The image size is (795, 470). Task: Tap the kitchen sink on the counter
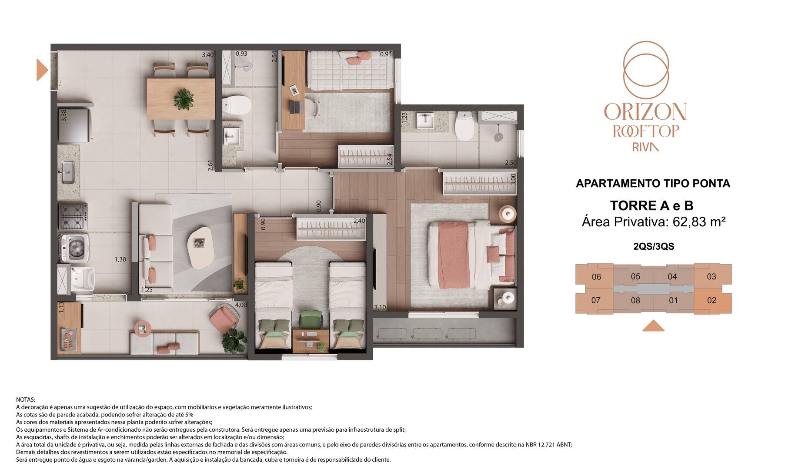[x=67, y=172]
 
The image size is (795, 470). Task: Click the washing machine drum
[x=76, y=248]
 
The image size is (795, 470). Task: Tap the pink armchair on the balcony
[x=224, y=317]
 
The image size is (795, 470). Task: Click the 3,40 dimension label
[x=207, y=55]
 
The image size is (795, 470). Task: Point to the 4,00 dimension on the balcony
[x=241, y=305]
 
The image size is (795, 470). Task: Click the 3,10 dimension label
[x=380, y=307]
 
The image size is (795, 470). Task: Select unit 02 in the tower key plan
[x=711, y=300]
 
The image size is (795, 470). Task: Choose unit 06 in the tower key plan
[x=596, y=277]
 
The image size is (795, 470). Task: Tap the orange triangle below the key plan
[x=653, y=326]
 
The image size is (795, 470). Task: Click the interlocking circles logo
[x=645, y=70]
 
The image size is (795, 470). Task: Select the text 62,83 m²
[x=699, y=222]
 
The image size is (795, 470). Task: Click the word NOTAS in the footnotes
[x=26, y=399]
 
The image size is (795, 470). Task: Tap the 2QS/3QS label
[x=654, y=246]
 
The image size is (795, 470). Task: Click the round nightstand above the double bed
[x=507, y=214]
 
